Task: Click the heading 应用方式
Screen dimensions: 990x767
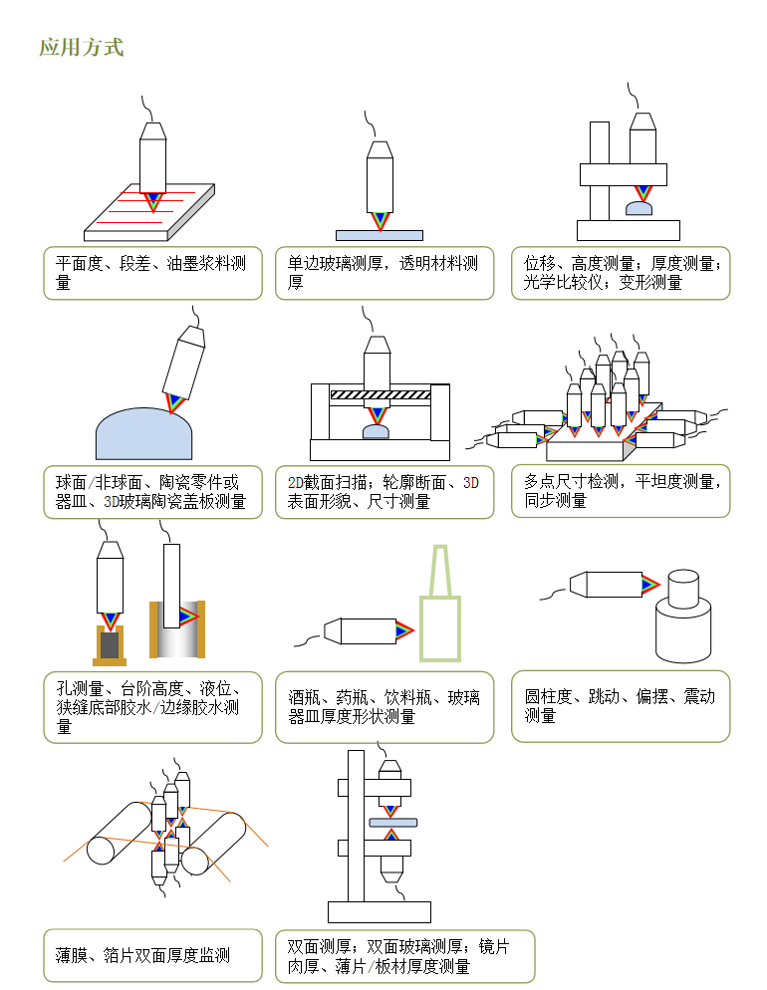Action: [81, 47]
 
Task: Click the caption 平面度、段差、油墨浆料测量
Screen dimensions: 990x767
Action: [152, 273]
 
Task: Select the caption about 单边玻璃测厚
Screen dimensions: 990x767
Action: [384, 273]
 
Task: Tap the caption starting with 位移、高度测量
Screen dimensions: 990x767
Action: [621, 273]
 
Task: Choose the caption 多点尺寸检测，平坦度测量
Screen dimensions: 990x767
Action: [621, 491]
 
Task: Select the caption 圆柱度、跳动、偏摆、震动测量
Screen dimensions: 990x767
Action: [621, 706]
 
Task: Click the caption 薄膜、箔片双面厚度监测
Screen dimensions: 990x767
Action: [152, 956]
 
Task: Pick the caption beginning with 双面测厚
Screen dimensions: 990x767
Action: [404, 956]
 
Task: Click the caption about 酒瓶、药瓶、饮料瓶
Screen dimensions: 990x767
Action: [384, 706]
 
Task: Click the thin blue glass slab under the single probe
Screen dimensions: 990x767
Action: [379, 236]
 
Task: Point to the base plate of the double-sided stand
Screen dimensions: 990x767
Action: [379, 911]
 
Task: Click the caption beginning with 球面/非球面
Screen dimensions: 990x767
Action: [152, 492]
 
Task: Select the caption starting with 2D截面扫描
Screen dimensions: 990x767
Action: [384, 492]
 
